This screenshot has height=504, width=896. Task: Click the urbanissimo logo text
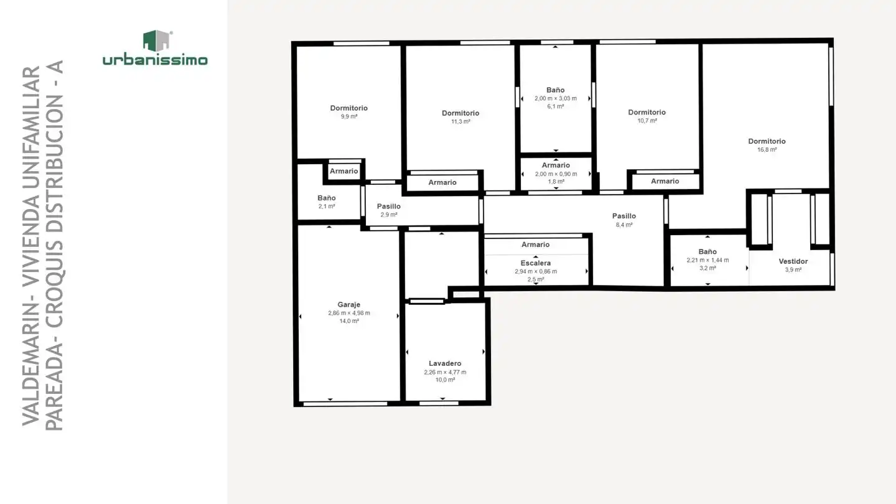click(155, 60)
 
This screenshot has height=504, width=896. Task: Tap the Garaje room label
click(349, 304)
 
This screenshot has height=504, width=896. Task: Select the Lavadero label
click(445, 363)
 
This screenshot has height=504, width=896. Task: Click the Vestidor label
click(793, 261)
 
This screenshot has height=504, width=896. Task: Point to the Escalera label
click(536, 263)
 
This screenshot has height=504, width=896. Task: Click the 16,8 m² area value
click(767, 149)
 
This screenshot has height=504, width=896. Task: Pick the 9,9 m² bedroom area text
click(349, 116)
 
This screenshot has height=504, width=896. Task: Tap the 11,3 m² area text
click(460, 121)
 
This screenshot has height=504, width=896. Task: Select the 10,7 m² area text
click(647, 121)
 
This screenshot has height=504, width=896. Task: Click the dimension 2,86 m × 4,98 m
click(349, 313)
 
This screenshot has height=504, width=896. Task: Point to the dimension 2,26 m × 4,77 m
click(445, 372)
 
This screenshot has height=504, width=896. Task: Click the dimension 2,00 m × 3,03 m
click(556, 98)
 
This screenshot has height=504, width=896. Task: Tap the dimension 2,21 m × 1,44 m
click(707, 260)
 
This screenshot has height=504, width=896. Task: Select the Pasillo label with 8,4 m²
click(624, 216)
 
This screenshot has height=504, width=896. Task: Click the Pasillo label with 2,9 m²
click(388, 206)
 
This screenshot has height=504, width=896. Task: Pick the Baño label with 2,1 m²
click(327, 198)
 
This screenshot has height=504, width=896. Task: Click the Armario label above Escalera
click(535, 245)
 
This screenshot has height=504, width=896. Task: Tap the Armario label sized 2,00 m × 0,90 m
click(556, 166)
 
